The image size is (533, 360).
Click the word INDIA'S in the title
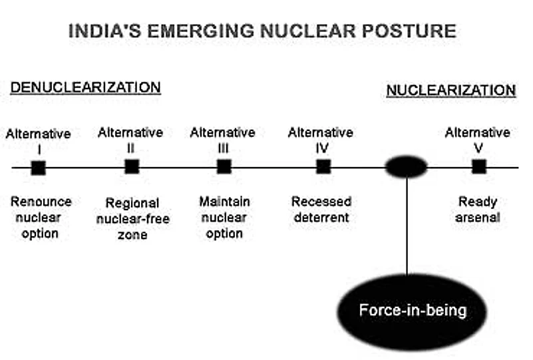[104, 31]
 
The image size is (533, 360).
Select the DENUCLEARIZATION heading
[85, 88]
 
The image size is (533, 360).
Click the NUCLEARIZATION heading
[451, 90]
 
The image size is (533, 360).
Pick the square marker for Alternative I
[39, 168]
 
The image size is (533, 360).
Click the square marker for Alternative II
[132, 166]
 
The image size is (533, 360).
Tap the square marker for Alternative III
[224, 166]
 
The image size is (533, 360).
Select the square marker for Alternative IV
[323, 166]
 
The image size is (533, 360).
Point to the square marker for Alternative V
[479, 166]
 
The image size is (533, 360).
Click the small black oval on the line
[406, 166]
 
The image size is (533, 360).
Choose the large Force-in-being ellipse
[412, 311]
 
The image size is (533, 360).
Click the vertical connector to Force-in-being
[407, 226]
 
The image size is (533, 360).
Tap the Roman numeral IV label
[321, 148]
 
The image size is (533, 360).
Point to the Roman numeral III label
[223, 148]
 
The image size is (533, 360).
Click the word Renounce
[41, 202]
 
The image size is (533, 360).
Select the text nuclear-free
[133, 218]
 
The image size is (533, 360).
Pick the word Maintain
[224, 202]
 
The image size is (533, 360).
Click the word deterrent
[321, 218]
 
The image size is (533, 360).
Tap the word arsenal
[478, 218]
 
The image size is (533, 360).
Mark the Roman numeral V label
[478, 148]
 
